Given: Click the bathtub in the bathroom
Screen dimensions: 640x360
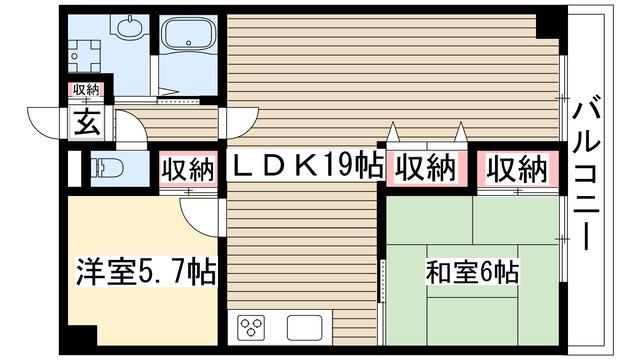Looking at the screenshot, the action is [x=189, y=34].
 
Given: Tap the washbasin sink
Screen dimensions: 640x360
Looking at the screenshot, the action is [x=130, y=26].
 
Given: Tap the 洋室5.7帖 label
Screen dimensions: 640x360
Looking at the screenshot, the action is [x=146, y=271].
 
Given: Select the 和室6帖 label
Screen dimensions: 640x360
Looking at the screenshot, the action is [x=472, y=272].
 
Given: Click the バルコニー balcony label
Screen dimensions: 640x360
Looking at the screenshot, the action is [x=587, y=171].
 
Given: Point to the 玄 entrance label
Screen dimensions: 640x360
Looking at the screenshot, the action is [x=87, y=122].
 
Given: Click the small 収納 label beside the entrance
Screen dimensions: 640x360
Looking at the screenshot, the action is [x=86, y=90].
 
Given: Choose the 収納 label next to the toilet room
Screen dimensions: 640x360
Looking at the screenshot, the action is [x=188, y=169].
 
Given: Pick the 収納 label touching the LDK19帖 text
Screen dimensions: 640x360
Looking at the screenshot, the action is [x=426, y=168].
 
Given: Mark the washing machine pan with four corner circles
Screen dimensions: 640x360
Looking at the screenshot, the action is [x=84, y=56].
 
